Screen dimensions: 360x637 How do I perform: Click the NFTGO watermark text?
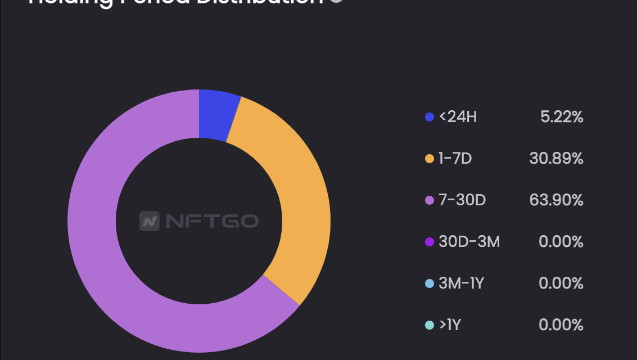click(x=212, y=221)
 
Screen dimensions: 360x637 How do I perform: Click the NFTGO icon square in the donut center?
click(x=150, y=221)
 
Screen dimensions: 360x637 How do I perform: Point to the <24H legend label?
click(x=458, y=117)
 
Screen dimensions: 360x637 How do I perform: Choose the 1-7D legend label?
click(x=455, y=159)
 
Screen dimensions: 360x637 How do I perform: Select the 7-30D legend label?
click(x=462, y=200)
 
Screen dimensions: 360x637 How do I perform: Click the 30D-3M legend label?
click(x=469, y=242)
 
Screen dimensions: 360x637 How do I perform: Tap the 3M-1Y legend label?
click(x=461, y=283)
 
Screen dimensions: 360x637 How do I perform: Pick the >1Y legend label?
click(x=450, y=325)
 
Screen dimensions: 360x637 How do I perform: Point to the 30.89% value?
click(x=556, y=159)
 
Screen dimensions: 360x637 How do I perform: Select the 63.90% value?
click(x=556, y=200)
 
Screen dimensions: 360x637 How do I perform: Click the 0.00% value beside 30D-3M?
click(x=561, y=242)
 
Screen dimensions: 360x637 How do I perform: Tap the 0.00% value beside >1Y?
click(x=561, y=325)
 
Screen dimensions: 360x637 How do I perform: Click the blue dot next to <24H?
click(x=430, y=117)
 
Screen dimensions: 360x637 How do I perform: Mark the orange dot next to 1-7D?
click(x=430, y=159)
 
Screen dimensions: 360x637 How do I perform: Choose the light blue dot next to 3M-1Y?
click(x=430, y=283)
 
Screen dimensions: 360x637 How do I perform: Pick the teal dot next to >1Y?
click(x=430, y=325)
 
